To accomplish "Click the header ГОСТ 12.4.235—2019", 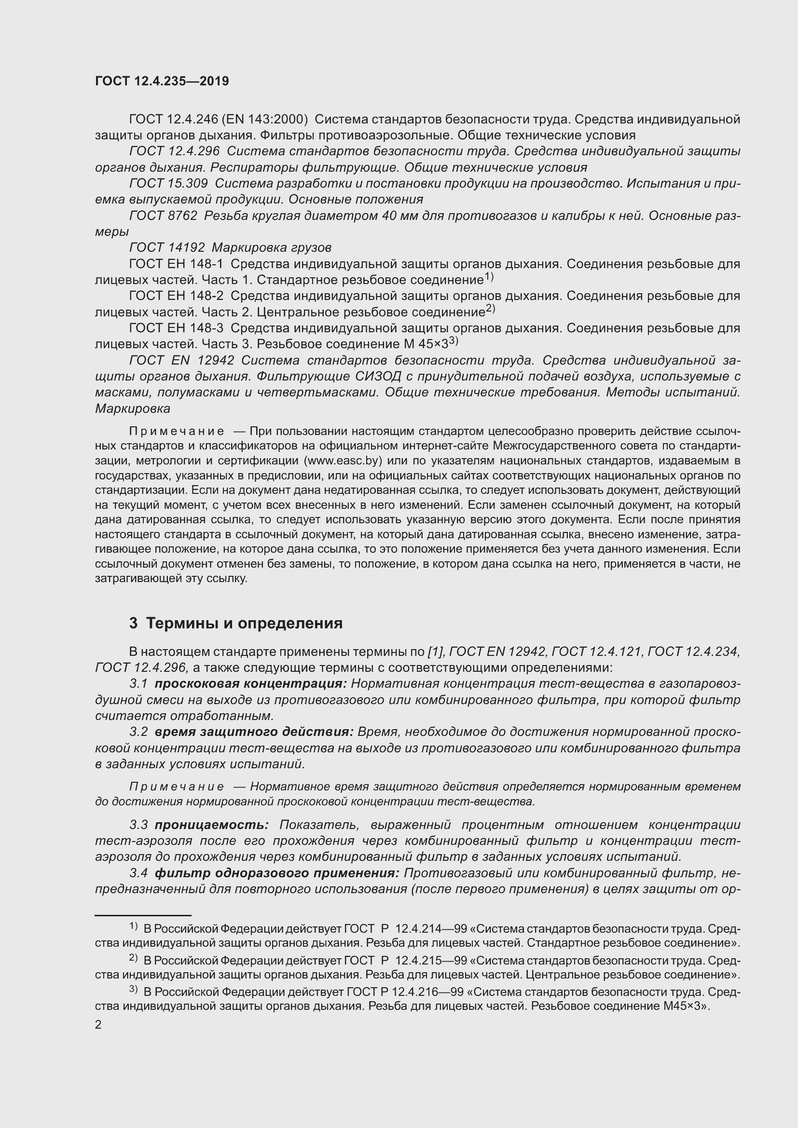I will point(162,82).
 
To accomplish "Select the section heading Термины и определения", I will point(244,624).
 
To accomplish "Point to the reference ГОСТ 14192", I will point(166,247).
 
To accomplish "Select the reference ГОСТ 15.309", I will point(168,184).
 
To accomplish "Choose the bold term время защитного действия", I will point(254,732).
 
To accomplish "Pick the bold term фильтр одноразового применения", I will point(276,873).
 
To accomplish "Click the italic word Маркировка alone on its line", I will point(133,409).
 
